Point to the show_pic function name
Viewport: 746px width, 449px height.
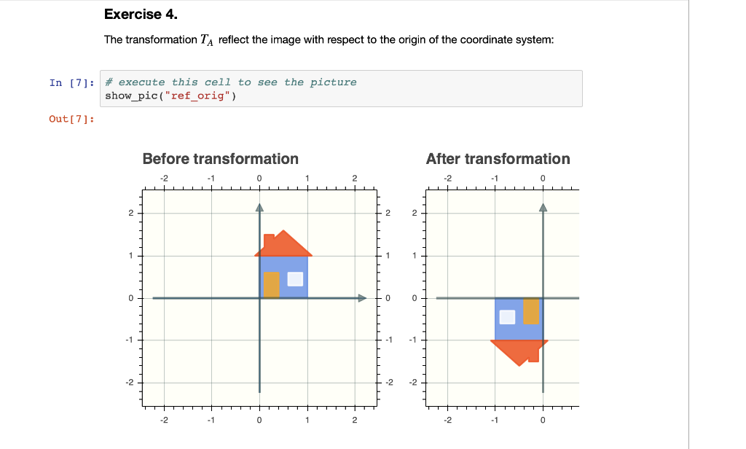tap(127, 95)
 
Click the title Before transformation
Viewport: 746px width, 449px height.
tap(220, 159)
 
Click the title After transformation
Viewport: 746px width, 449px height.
tap(498, 159)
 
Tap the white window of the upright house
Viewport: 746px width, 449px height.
tap(295, 279)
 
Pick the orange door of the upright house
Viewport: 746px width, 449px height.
tap(271, 284)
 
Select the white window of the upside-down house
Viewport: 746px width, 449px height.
tap(507, 316)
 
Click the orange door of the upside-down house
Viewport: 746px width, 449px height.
tap(531, 311)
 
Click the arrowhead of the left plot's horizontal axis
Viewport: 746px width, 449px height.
tap(361, 297)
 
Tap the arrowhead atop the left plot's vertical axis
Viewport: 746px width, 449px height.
tap(259, 207)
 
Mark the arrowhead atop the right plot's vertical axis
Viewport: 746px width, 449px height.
tap(543, 207)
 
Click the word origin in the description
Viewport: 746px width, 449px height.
tap(415, 39)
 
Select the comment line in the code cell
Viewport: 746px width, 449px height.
tap(231, 82)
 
